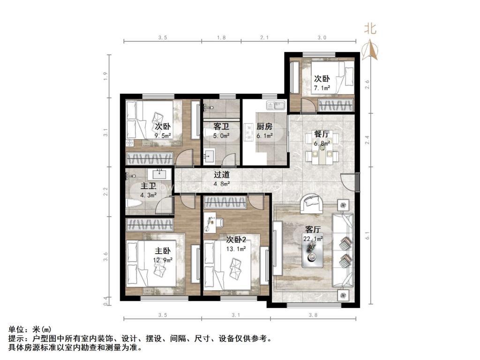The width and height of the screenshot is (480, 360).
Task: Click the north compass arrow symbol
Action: (371, 49)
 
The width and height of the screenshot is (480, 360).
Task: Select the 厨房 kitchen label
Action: (264, 126)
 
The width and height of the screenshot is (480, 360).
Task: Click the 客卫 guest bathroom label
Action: (221, 126)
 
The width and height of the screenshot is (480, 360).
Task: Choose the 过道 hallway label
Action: (222, 174)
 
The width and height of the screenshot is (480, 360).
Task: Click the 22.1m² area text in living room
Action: (313, 239)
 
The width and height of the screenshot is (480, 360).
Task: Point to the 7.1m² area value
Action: (322, 87)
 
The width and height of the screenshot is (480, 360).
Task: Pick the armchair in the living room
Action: (311, 203)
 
